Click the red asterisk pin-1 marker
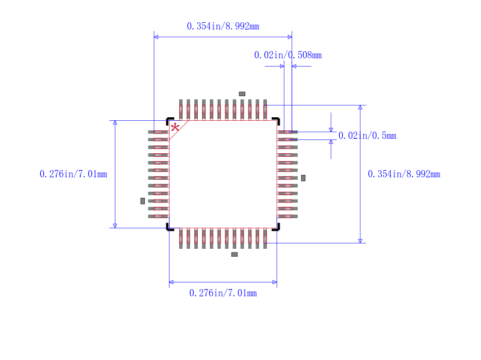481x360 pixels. tap(175, 127)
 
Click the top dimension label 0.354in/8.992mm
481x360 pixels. tap(223, 26)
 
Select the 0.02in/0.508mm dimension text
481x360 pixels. tap(288, 55)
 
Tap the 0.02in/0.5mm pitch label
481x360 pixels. tap(367, 136)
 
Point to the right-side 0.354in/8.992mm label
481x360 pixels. tap(404, 174)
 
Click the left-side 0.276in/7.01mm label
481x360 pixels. tap(73, 174)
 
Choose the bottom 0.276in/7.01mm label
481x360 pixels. tap(223, 293)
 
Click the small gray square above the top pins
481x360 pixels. tap(242, 94)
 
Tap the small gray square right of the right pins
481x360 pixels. tap(303, 178)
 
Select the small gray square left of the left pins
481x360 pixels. tap(142, 201)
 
